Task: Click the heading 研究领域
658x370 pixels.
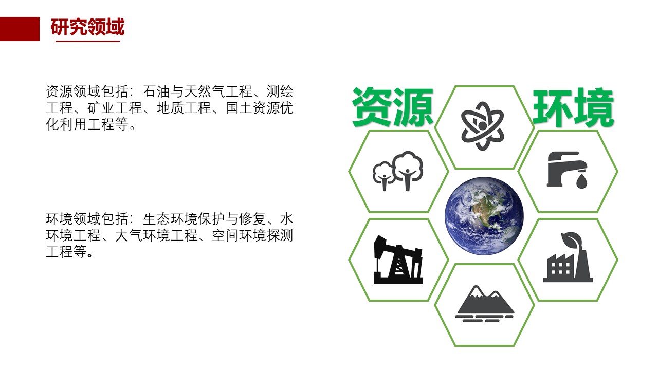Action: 87,27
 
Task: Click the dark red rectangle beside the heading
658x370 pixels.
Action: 20,29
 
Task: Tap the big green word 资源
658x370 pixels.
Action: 393,107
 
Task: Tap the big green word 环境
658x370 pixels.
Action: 573,108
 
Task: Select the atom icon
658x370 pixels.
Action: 482,126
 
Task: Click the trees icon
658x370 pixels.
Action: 398,171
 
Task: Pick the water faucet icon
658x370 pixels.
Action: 567,170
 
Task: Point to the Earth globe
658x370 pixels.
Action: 484,216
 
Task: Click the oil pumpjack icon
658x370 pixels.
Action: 398,260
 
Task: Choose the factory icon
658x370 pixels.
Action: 568,257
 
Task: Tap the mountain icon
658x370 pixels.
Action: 484,303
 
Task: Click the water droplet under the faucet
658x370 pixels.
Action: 581,181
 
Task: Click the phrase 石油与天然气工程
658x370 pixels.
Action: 197,91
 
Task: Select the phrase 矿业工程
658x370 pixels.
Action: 115,108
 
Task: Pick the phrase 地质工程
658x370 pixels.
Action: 184,108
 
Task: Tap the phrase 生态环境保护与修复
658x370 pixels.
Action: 205,219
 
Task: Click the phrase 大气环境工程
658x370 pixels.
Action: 156,235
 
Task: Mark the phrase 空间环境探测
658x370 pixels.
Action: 252,235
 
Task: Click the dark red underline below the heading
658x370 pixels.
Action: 88,42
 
